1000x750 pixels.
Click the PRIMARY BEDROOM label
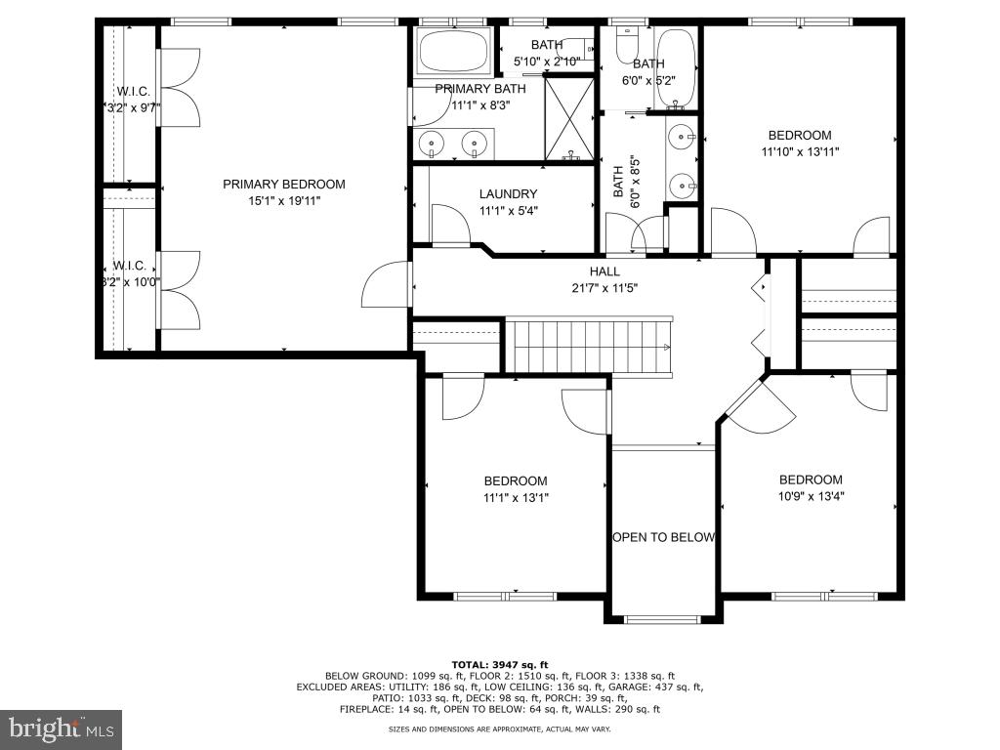(x=283, y=185)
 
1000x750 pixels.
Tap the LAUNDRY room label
(x=508, y=194)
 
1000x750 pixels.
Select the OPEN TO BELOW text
(x=663, y=537)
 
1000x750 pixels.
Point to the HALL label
(x=604, y=271)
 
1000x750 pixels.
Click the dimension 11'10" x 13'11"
(x=799, y=151)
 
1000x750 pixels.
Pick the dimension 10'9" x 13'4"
(x=810, y=496)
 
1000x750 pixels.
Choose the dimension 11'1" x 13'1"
(x=516, y=497)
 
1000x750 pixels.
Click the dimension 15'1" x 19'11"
(x=283, y=200)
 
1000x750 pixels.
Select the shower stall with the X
(x=568, y=118)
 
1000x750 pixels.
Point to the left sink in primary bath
(x=432, y=143)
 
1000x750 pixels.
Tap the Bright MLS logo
(x=61, y=729)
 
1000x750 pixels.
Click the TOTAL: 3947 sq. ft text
(x=499, y=664)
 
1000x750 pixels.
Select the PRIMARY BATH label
(x=480, y=89)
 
